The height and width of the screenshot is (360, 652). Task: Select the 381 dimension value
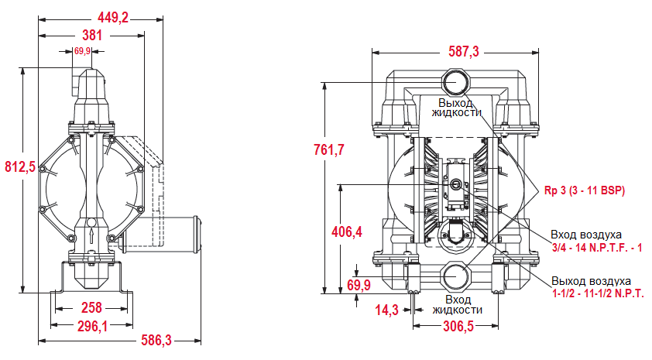(91, 34)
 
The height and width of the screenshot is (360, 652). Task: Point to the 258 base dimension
(91, 307)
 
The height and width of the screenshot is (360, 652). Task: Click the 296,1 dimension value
(92, 326)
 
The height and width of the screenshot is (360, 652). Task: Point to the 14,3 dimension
(385, 310)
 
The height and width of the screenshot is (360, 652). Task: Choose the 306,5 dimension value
(458, 326)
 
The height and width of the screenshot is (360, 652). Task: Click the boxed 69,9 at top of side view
(82, 51)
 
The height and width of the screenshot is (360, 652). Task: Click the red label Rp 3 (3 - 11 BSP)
(585, 190)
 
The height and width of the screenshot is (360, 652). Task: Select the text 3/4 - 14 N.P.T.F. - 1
(597, 247)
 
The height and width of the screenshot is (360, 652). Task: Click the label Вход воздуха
(586, 235)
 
